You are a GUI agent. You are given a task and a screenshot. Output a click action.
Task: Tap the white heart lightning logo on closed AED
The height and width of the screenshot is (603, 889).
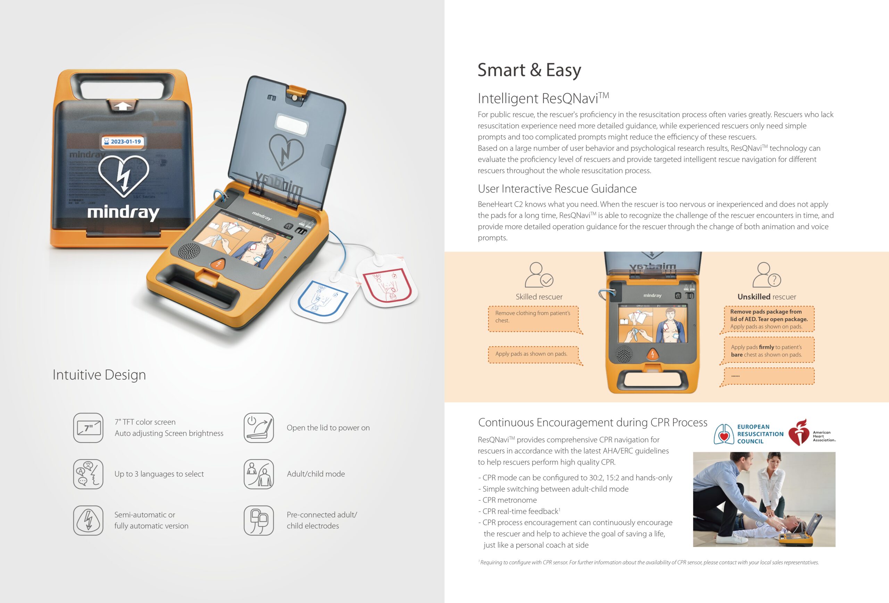123,176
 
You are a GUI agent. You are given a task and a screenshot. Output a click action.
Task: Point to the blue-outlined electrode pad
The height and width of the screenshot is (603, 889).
324,296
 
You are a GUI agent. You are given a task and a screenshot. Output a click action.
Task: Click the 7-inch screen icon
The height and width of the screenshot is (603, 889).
88,428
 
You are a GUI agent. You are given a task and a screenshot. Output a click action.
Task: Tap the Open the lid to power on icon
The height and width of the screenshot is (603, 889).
259,428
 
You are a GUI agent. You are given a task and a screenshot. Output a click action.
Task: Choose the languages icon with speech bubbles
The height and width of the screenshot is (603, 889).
88,474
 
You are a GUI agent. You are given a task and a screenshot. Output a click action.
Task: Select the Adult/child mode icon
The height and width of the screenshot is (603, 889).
259,474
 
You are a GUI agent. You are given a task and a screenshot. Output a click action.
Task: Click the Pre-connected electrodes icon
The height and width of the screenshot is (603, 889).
259,520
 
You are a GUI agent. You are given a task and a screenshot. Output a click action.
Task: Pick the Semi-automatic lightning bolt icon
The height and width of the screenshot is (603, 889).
88,520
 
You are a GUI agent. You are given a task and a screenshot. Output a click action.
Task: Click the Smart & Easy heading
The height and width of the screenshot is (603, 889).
530,70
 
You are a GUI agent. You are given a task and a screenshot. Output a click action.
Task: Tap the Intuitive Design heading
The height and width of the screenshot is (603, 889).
99,375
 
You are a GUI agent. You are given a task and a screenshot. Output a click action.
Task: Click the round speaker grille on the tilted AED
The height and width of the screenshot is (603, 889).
189,251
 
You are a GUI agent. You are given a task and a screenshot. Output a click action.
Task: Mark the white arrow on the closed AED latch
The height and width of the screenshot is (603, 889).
122,106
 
